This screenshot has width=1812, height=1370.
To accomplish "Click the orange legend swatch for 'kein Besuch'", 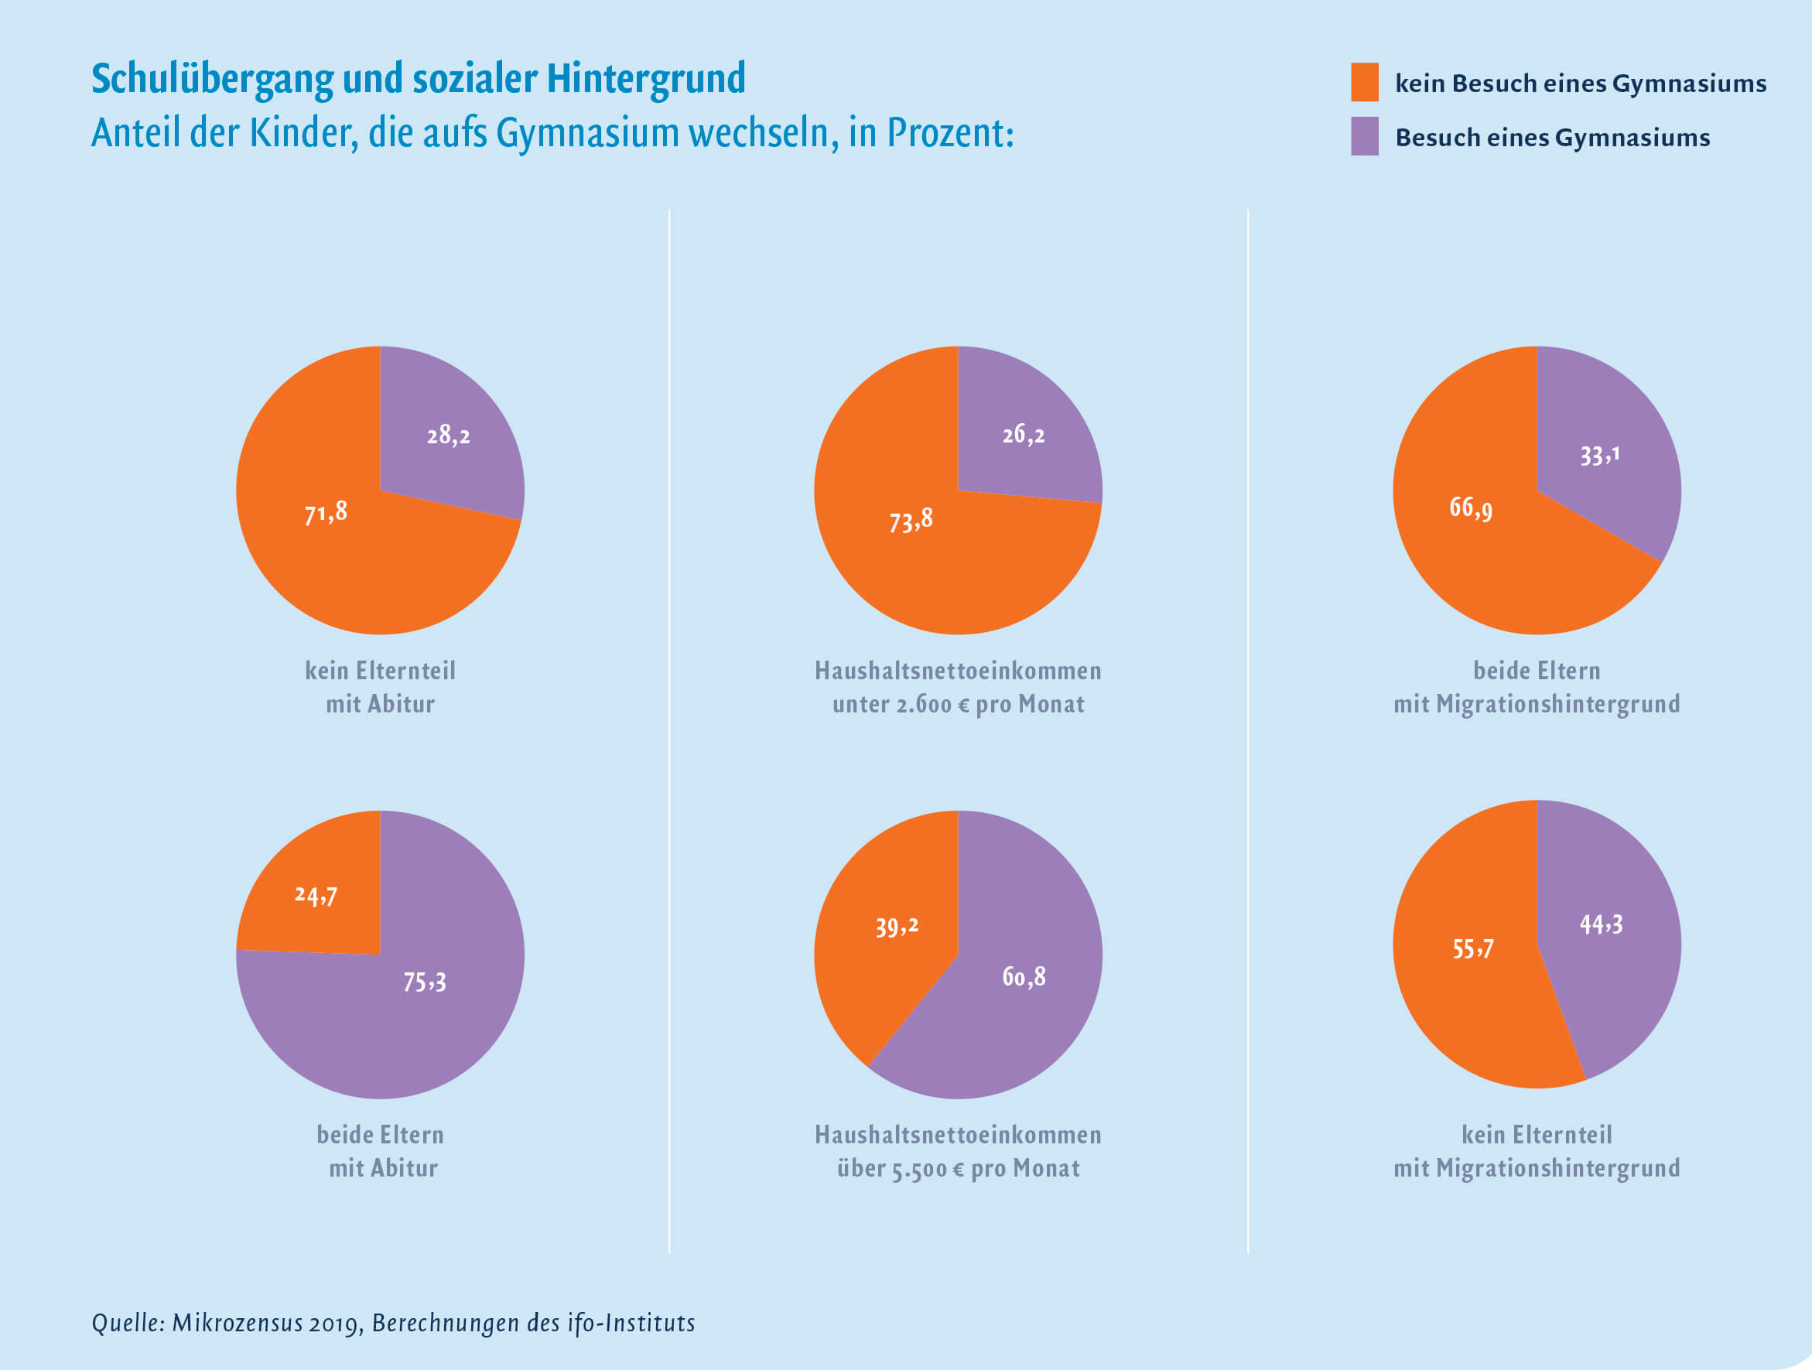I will coord(1364,82).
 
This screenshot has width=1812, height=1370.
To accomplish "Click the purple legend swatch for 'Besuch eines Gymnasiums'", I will coord(1364,136).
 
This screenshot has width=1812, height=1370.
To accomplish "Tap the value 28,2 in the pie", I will coord(448,435).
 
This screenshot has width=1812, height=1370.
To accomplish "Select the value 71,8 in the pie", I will coord(326,514).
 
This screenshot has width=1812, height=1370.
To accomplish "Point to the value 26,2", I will coord(1023,434).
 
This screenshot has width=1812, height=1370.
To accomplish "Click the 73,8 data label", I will coord(911,520).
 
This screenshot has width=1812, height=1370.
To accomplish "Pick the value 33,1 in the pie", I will coord(1599,456).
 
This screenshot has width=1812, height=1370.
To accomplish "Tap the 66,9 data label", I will coord(1472,507).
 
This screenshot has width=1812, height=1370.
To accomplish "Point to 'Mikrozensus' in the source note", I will coord(237,1324).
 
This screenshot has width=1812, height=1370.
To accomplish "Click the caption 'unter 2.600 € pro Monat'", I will coord(958,704).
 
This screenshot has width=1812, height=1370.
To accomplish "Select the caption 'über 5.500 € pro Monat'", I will coord(958,1169).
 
